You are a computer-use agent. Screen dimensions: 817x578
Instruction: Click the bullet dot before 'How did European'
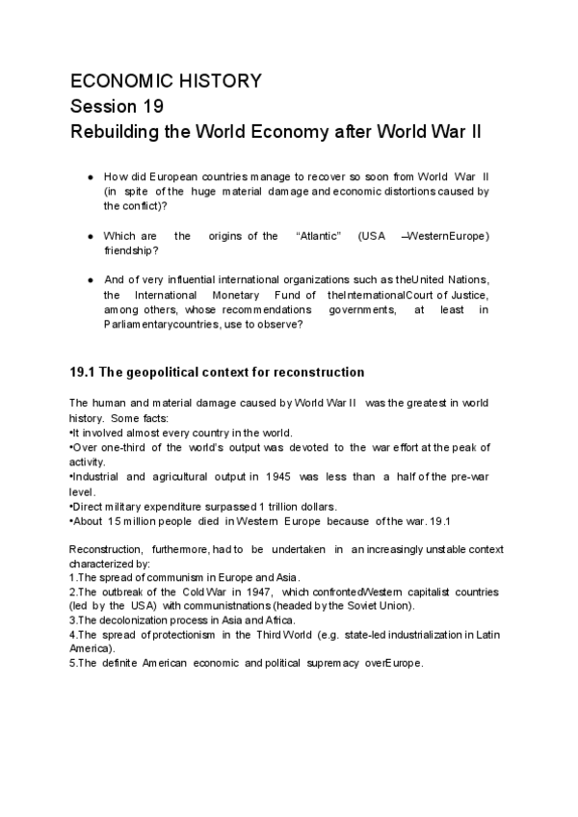(x=90, y=177)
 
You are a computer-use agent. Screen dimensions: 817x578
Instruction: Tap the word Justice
(x=468, y=294)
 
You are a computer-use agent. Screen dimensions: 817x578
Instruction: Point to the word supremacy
(x=327, y=665)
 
